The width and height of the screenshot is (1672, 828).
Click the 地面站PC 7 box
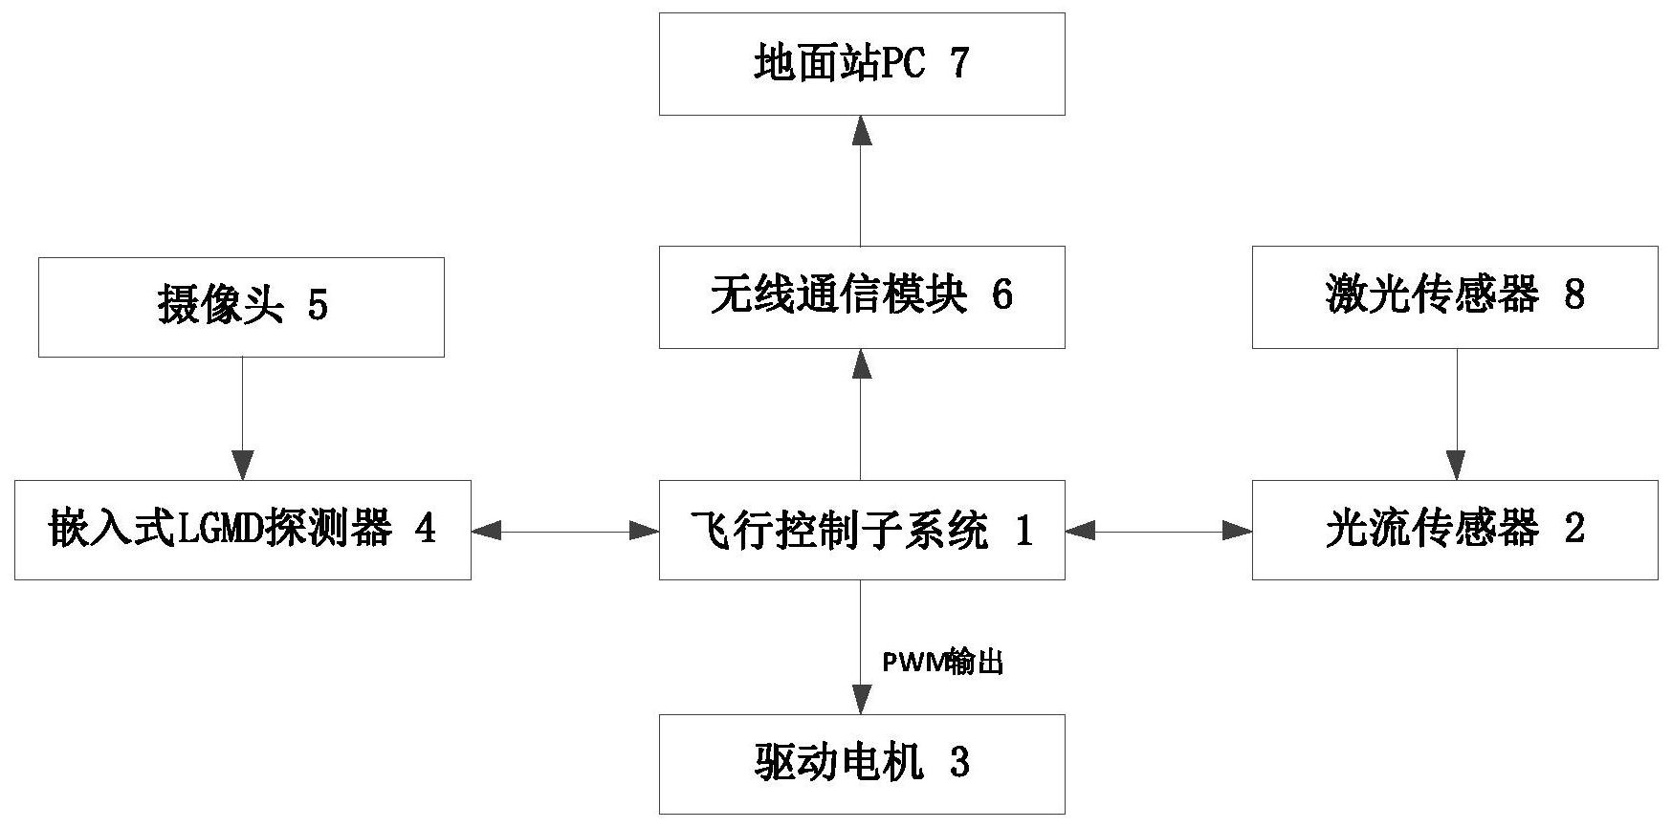(861, 64)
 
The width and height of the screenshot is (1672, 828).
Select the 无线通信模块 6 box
(861, 296)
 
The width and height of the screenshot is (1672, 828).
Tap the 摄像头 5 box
(241, 307)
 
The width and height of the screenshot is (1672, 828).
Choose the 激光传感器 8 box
(1454, 296)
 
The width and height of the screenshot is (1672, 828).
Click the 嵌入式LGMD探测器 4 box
(242, 530)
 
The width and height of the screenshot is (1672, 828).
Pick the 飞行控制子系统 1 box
(861, 530)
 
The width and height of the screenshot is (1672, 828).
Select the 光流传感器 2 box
(1454, 530)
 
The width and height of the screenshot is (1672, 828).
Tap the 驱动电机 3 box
(861, 764)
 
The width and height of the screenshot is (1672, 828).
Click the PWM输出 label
(942, 663)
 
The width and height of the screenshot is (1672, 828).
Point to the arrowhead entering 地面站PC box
(862, 129)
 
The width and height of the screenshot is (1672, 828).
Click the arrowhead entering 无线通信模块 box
(862, 362)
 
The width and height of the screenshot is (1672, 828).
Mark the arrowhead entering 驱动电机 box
(862, 701)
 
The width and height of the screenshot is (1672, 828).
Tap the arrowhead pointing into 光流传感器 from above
(1456, 467)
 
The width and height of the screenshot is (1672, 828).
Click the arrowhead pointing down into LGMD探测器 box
(242, 467)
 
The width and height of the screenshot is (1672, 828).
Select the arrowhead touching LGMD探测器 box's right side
(486, 530)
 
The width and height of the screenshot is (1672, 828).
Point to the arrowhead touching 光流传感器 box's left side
(1238, 530)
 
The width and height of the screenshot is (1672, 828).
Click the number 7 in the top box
(958, 64)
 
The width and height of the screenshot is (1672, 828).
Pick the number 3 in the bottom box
(959, 764)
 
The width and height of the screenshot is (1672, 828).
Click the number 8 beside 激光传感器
(1573, 295)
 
